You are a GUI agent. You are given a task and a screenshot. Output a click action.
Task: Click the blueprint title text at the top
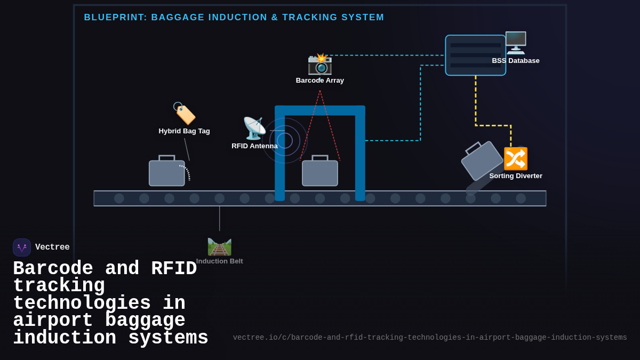[x=234, y=18]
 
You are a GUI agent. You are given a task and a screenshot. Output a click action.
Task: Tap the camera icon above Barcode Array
[x=320, y=64]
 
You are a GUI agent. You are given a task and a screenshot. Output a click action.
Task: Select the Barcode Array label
[x=320, y=81]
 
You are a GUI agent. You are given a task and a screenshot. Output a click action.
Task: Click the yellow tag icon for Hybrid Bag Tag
[x=185, y=113]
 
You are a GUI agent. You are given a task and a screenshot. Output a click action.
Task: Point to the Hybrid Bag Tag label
[x=184, y=131]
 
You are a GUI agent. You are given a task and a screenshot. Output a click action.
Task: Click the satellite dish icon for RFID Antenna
[x=254, y=128]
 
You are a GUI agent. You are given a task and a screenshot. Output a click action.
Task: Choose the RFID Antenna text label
[x=254, y=146]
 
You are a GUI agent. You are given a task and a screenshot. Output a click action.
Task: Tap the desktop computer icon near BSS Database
[x=516, y=43]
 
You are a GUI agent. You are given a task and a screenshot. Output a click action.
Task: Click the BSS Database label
[x=515, y=61]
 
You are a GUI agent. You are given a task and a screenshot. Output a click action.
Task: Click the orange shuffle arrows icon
[x=516, y=158]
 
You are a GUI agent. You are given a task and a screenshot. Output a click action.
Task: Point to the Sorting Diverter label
[x=516, y=176]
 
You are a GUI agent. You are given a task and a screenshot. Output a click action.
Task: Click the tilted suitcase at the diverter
[x=482, y=161]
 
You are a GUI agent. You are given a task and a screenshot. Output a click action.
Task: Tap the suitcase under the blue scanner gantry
[x=320, y=172]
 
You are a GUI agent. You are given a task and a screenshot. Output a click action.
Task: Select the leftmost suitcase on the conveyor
[x=167, y=172]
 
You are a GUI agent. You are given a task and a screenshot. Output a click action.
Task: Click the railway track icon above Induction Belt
[x=219, y=246]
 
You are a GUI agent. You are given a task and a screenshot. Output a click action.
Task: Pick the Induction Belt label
[x=219, y=261]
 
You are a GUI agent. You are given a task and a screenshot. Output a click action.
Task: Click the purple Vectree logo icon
[x=22, y=247]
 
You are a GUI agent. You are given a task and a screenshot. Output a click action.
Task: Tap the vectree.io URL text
[x=430, y=338]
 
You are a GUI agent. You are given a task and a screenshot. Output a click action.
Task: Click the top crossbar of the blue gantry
[x=320, y=110]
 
